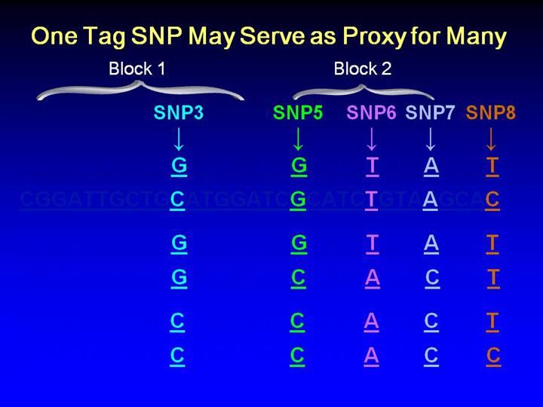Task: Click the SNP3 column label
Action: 179,113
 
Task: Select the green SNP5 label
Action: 298,113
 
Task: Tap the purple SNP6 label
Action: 371,113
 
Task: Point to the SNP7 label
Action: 430,113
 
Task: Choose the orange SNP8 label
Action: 491,113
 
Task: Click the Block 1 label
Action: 137,69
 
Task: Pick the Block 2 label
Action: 363,69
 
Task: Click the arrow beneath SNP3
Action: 179,138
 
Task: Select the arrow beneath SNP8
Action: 491,138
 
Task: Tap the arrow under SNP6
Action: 371,138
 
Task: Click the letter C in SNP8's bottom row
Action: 493,356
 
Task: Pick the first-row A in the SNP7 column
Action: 431,165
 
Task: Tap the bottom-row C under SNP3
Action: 177,356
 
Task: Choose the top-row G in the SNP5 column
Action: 299,165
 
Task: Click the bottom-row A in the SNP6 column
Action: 371,356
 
